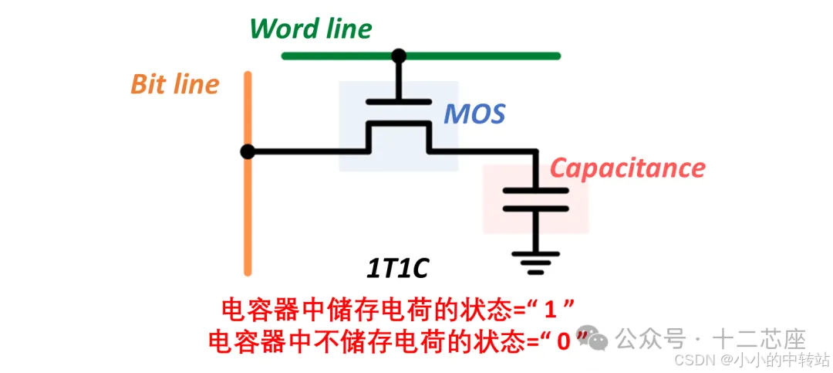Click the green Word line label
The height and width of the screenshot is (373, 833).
point(310,29)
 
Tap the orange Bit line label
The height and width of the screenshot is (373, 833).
point(175,84)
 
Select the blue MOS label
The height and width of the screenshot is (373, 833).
point(474,115)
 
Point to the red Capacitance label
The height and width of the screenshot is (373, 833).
point(627,168)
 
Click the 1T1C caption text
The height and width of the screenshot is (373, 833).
point(396,269)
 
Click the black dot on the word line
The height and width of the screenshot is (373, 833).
point(399,56)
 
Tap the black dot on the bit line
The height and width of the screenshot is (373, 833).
point(248,151)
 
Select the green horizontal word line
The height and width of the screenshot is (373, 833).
point(478,56)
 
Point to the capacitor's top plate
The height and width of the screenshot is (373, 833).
point(535,190)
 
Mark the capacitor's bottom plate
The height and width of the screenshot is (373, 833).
point(535,207)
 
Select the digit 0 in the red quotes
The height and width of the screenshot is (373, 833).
point(563,340)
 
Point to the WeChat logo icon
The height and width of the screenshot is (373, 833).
point(598,338)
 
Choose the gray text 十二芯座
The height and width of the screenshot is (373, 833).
point(760,338)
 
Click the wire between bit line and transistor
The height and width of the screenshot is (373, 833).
point(309,151)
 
